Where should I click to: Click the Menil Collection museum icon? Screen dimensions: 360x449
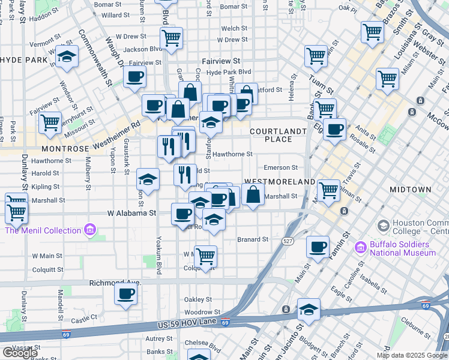(x=90, y=230)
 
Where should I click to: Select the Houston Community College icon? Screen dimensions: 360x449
(x=382, y=226)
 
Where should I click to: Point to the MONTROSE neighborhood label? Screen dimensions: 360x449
(x=65, y=148)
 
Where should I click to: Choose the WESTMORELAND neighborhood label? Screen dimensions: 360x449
(x=279, y=181)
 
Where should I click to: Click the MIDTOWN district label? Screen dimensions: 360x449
(x=410, y=190)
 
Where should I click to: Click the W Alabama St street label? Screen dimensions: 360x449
(x=131, y=213)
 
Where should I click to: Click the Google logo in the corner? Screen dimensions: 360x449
(x=20, y=353)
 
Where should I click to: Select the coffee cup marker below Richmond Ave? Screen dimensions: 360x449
(x=126, y=294)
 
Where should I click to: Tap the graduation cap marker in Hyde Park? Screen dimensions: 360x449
(x=67, y=57)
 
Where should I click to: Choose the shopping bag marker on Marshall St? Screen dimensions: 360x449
(x=253, y=194)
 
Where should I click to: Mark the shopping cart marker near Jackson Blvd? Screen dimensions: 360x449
(x=172, y=38)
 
